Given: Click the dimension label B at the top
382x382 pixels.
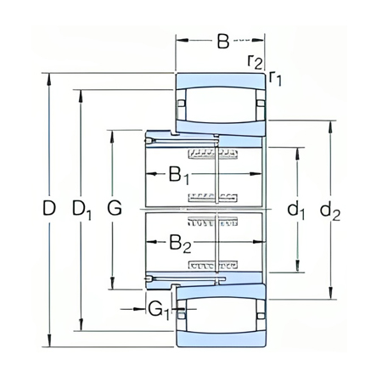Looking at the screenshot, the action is coord(223,42).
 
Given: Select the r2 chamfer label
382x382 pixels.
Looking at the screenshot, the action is coord(255,62).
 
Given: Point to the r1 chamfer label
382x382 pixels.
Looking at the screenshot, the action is coord(275,78).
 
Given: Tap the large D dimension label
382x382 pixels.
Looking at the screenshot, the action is coord(48,208).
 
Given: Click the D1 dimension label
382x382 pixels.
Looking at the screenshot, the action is coord(81,210).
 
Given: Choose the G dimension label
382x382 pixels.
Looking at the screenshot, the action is coord(115,208).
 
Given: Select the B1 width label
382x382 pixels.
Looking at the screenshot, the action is coord(179,176).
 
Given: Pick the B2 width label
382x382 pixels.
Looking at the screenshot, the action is coord(180,244).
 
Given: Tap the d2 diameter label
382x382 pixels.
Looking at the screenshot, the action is coord(330,211).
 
